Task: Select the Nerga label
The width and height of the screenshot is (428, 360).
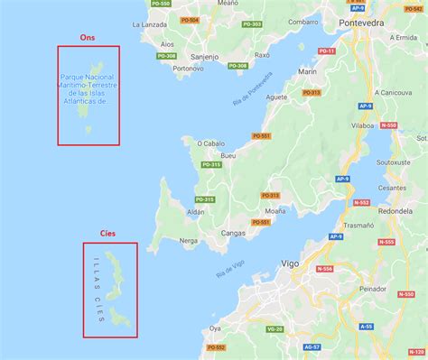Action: (x=189, y=240)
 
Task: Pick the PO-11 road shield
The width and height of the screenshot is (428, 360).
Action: (x=327, y=51)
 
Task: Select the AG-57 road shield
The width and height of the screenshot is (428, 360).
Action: (x=311, y=346)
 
